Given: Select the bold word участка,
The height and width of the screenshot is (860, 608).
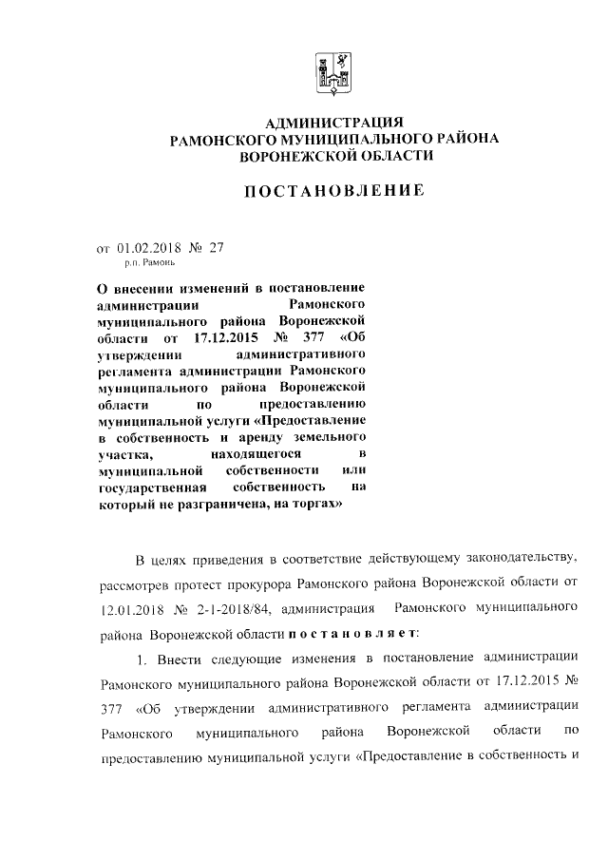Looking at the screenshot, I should [x=124, y=455].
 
